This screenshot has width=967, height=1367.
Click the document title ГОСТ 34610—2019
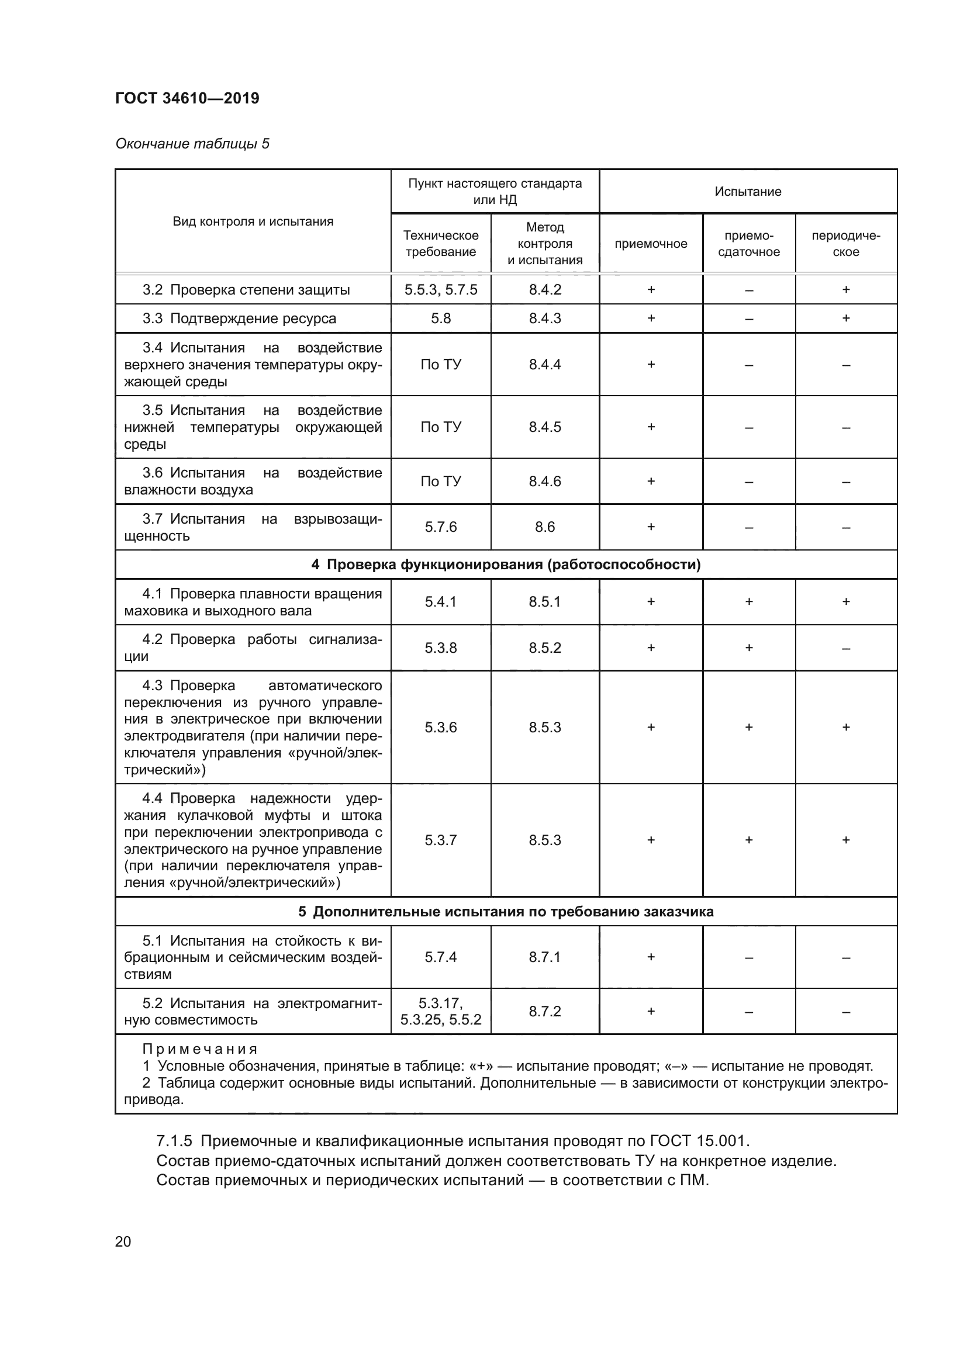coord(187,98)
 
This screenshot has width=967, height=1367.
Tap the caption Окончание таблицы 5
coord(192,144)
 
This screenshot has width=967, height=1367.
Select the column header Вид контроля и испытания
coord(253,222)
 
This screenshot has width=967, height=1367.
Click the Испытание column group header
coord(747,191)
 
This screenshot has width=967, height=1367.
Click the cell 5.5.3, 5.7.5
coord(440,289)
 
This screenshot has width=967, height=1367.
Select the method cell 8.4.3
coord(544,318)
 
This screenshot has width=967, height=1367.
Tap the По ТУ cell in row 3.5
coord(440,427)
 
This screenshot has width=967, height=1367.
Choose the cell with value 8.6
coord(544,527)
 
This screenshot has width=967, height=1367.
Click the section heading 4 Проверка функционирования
coord(506,565)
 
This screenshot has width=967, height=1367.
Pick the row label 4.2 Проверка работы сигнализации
coord(253,647)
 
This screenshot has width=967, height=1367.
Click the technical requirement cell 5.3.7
coord(440,840)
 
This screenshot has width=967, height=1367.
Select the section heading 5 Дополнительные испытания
coord(506,912)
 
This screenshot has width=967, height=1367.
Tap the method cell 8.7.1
coord(544,957)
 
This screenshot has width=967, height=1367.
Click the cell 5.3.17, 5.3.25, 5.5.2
coord(440,1011)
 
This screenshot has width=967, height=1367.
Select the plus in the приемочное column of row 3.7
coord(650,527)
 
